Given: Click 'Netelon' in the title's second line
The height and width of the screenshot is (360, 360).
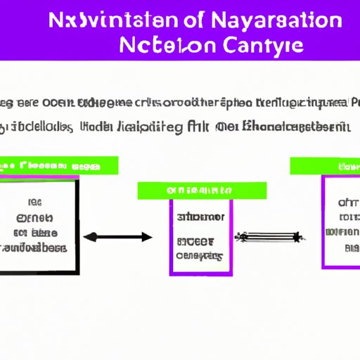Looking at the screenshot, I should (165, 46).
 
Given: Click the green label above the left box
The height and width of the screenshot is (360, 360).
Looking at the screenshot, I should (59, 166).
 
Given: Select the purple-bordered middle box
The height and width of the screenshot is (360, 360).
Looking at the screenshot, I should (200, 236).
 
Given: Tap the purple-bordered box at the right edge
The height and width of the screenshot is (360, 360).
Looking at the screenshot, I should (340, 221).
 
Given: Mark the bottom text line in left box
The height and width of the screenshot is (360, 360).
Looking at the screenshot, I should (35, 248).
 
